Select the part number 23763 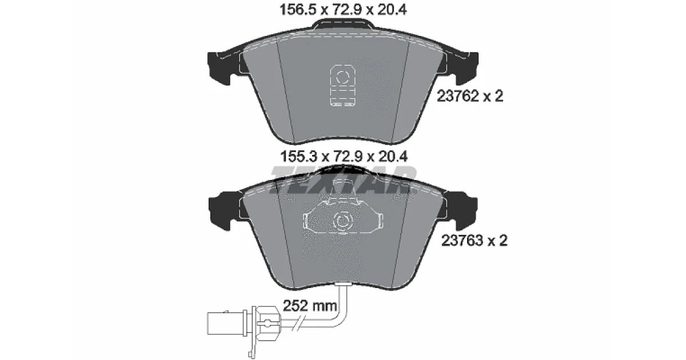(x=462, y=241)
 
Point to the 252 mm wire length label (x=310, y=306)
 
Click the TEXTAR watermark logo (x=343, y=180)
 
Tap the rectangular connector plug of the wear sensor (x=225, y=323)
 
